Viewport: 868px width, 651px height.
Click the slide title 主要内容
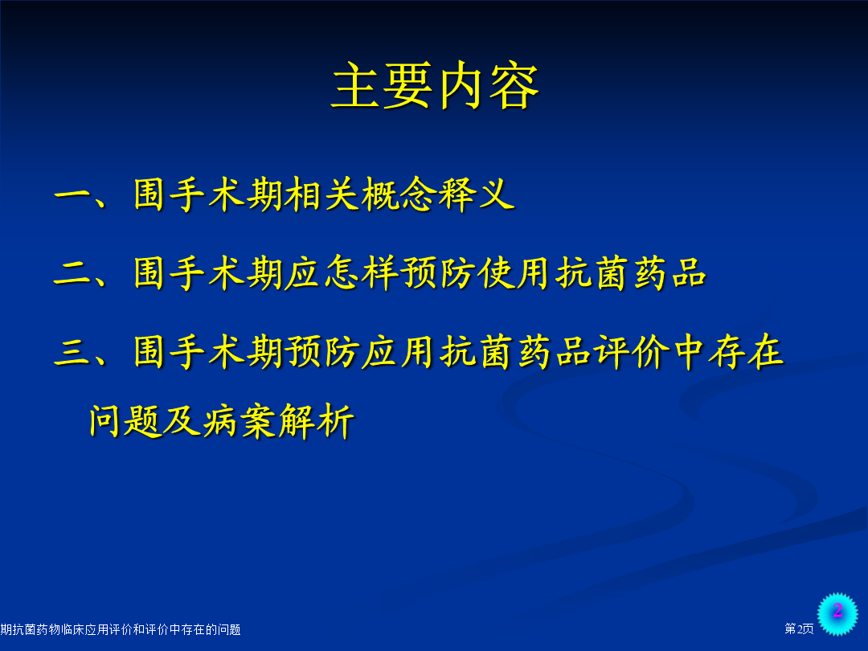[x=435, y=85]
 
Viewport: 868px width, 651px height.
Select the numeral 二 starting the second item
[x=72, y=273]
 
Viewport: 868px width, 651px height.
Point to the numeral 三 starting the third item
[x=72, y=352]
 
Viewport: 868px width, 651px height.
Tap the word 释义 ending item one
[x=476, y=194]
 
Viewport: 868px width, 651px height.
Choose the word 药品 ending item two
[x=669, y=273]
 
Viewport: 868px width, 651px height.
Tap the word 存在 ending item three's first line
[x=747, y=351]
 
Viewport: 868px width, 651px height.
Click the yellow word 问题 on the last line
[x=125, y=420]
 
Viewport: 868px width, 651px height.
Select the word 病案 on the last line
[x=240, y=420]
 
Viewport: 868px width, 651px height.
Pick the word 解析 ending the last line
[x=316, y=420]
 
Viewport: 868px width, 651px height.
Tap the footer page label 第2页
[x=799, y=628]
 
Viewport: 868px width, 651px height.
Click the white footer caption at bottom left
[x=120, y=629]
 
